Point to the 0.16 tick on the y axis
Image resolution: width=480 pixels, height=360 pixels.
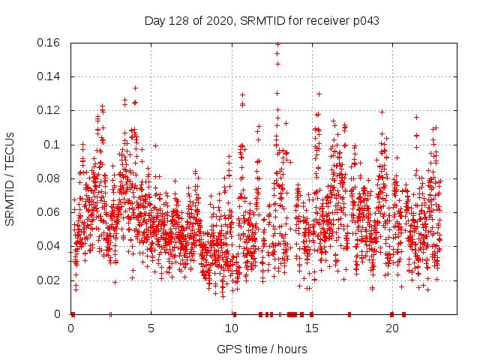click(x=49, y=43)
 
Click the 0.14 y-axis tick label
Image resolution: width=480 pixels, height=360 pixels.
click(x=49, y=76)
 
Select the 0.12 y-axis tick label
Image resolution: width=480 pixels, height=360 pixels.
click(x=49, y=110)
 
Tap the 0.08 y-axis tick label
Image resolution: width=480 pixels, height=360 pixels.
click(x=49, y=178)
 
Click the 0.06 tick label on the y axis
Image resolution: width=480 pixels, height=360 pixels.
click(x=49, y=212)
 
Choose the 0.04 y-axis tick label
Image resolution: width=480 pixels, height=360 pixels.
click(x=49, y=246)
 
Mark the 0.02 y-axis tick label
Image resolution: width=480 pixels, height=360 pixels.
click(x=49, y=280)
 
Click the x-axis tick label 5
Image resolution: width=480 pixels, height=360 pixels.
click(x=151, y=328)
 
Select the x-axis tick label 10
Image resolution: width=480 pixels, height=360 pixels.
click(x=232, y=328)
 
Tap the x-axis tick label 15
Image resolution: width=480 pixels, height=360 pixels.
click(x=312, y=328)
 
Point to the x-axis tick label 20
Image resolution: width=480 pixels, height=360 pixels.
click(x=392, y=328)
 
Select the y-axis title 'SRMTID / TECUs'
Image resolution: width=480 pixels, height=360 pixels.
click(x=10, y=178)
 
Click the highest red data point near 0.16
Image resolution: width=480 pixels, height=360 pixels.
click(x=277, y=44)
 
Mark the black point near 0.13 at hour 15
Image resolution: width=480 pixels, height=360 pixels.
click(x=319, y=94)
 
